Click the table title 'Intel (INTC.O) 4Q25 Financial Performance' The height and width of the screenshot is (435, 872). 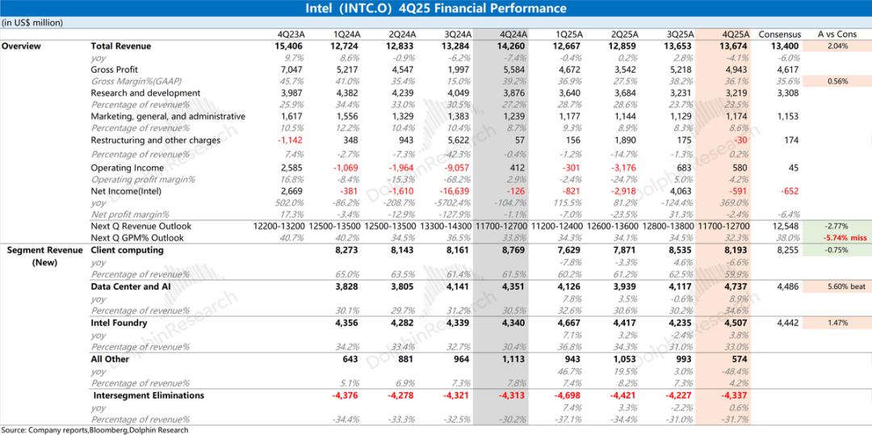coord(436,9)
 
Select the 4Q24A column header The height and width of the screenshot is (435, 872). coord(514,35)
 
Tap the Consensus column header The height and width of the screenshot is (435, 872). coord(780,35)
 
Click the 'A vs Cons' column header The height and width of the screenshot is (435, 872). coord(836,35)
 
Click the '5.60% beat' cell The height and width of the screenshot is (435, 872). coord(837,287)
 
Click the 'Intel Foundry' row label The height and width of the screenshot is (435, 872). coord(119,323)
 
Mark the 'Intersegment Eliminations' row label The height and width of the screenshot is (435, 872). coord(149,395)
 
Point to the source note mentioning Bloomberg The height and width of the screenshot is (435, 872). coord(94,430)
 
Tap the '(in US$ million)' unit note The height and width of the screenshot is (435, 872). coord(32,23)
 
